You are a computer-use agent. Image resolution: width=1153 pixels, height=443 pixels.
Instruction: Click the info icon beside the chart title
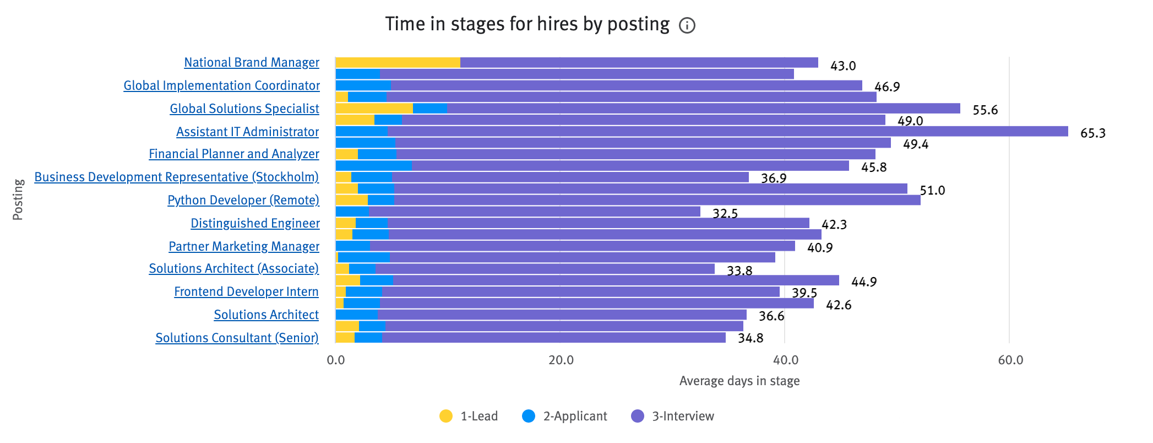pos(687,25)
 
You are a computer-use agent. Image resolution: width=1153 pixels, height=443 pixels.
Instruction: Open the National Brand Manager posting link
pos(252,62)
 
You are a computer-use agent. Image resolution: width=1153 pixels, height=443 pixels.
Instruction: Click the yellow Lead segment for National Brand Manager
pos(398,62)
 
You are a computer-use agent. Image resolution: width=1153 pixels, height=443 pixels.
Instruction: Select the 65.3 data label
pos(1092,133)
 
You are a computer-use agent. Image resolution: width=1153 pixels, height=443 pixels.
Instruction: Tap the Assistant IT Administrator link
pos(247,132)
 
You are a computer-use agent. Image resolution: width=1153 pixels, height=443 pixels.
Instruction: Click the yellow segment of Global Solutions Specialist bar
pos(374,109)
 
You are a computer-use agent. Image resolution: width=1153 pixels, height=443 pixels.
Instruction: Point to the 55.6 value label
pos(985,110)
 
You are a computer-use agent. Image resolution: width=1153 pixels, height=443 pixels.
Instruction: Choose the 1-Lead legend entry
pos(469,416)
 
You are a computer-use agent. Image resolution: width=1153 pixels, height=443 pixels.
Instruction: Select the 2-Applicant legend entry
pos(565,416)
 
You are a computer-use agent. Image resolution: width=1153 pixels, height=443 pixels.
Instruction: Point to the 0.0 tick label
pos(335,360)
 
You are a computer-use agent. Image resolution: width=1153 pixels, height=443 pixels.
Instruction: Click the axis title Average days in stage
pos(739,381)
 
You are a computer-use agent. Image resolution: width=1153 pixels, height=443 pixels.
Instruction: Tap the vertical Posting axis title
pos(18,199)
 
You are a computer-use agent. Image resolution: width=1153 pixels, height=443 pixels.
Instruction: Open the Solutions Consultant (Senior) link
pos(237,338)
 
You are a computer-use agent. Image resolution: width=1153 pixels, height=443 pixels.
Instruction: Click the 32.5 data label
pos(725,213)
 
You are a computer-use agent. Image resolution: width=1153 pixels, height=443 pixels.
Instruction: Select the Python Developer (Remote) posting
pos(243,200)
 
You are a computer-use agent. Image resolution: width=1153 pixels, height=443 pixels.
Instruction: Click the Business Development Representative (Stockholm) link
pos(176,177)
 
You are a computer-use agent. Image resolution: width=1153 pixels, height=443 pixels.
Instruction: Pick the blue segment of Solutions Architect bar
pos(356,315)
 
